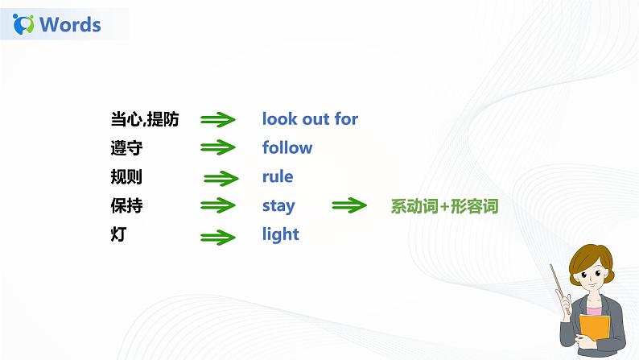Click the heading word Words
pyautogui.click(x=70, y=24)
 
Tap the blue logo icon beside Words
pyautogui.click(x=25, y=24)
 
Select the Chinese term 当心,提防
pyautogui.click(x=145, y=119)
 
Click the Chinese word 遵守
pyautogui.click(x=127, y=148)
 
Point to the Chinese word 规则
pyautogui.click(x=127, y=177)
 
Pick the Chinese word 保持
pyautogui.click(x=127, y=206)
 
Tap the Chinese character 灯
pyautogui.click(x=118, y=235)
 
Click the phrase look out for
pyautogui.click(x=310, y=119)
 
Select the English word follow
pyautogui.click(x=287, y=148)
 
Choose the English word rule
pyautogui.click(x=278, y=177)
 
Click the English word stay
pyautogui.click(x=278, y=206)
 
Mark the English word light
pyautogui.click(x=280, y=235)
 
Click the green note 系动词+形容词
pyautogui.click(x=444, y=206)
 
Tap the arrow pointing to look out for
pyautogui.click(x=217, y=120)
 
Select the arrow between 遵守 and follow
pyautogui.click(x=217, y=149)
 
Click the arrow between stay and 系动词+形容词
pyautogui.click(x=349, y=206)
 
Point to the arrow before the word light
pyautogui.click(x=217, y=237)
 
